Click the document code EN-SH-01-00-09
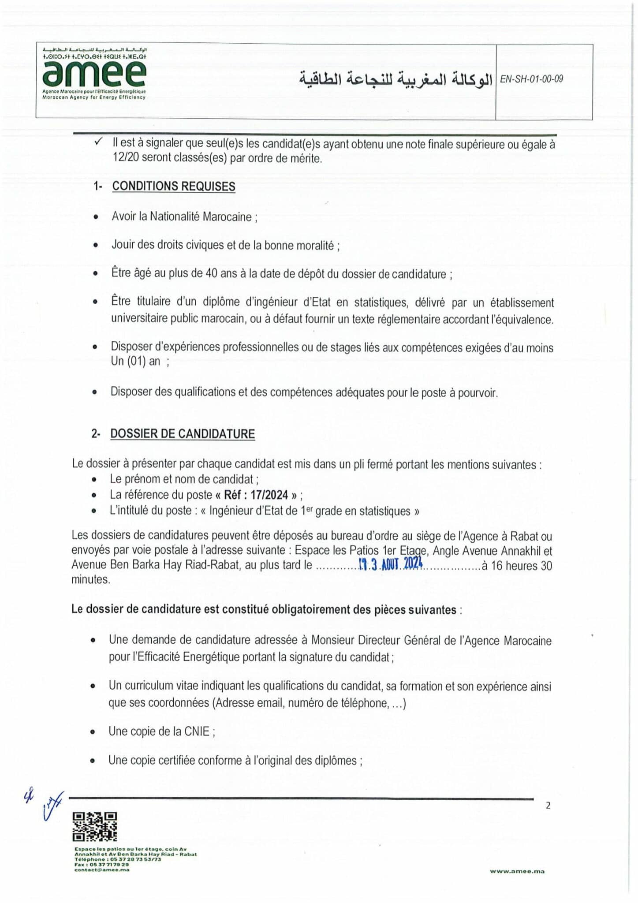pyautogui.click(x=531, y=79)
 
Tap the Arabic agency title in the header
pyautogui.click(x=395, y=79)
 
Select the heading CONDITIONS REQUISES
pyautogui.click(x=173, y=187)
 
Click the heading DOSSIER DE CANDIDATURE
pyautogui.click(x=182, y=434)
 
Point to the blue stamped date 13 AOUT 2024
pyautogui.click(x=391, y=564)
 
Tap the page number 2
pyautogui.click(x=548, y=806)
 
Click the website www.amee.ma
pyautogui.click(x=517, y=871)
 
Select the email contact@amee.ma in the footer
pyautogui.click(x=102, y=870)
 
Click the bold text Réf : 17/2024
pyautogui.click(x=256, y=495)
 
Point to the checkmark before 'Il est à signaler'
pyautogui.click(x=99, y=142)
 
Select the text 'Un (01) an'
pyautogui.click(x=135, y=361)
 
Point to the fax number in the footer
pyautogui.click(x=101, y=865)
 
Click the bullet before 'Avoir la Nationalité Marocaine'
pyautogui.click(x=96, y=217)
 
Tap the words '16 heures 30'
pyautogui.click(x=521, y=566)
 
